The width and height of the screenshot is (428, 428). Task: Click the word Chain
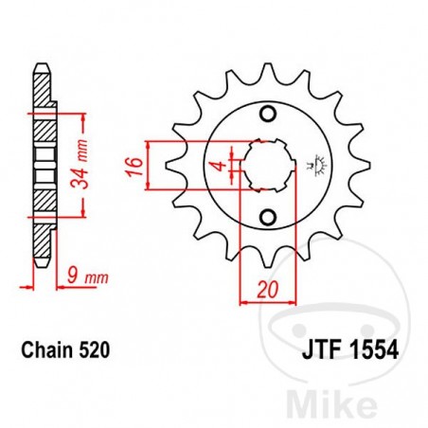43,350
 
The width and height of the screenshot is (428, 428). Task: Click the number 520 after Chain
98,350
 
